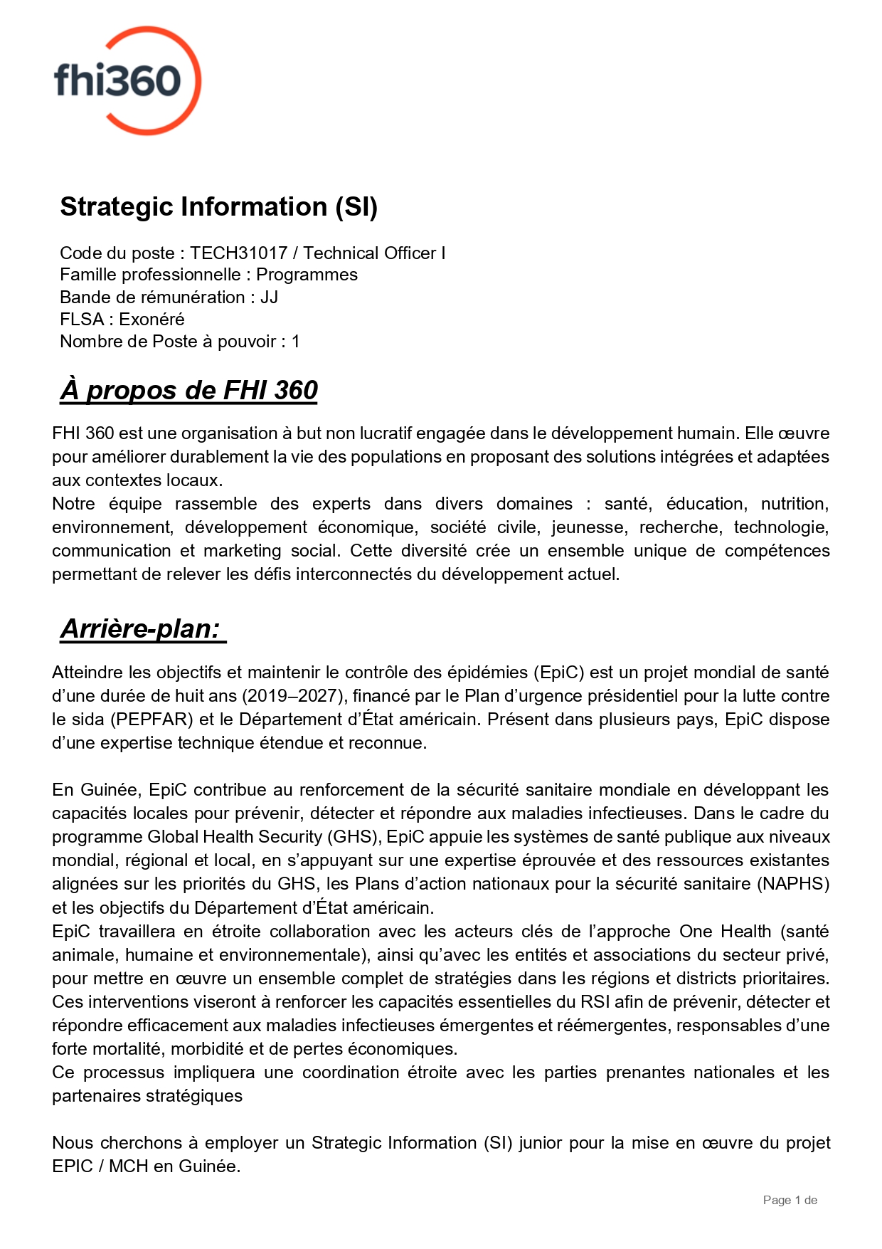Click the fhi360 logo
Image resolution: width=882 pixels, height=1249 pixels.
click(x=127, y=80)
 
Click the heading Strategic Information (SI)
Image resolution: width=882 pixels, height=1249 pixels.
click(x=218, y=207)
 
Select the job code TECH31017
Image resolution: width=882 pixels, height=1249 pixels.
click(x=238, y=253)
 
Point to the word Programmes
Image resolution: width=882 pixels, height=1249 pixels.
click(x=307, y=275)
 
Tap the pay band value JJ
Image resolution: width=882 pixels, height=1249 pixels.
click(x=269, y=297)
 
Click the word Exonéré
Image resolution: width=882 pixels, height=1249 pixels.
click(x=152, y=320)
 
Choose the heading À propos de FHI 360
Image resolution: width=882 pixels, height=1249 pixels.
click(x=188, y=391)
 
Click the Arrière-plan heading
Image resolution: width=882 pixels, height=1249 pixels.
click(x=141, y=629)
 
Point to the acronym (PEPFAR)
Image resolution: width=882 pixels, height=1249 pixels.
click(x=152, y=720)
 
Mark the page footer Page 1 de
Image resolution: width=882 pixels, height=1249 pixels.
click(x=790, y=1201)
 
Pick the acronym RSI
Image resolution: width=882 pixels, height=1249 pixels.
click(x=595, y=1002)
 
